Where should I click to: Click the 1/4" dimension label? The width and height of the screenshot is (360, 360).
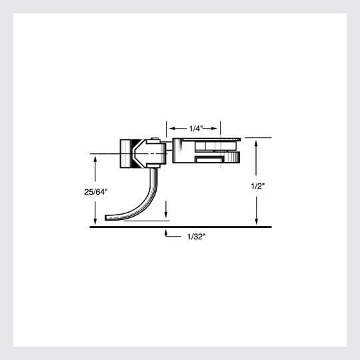click(195, 127)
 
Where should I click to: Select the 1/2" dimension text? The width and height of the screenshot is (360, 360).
click(258, 187)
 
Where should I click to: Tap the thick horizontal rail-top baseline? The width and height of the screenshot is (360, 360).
click(180, 227)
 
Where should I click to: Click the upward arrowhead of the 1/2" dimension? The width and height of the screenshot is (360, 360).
click(256, 141)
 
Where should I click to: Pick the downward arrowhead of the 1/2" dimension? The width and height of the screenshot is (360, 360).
click(256, 223)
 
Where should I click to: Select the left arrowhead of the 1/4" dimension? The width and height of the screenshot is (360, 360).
click(171, 127)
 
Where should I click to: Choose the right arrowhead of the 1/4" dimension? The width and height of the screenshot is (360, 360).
click(219, 127)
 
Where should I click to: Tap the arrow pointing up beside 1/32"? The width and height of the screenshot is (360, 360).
click(165, 232)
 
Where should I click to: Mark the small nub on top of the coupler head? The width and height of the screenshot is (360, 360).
click(155, 139)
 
